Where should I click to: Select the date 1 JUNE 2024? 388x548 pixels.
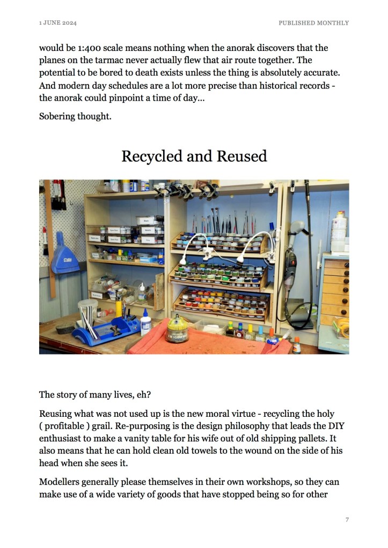(57, 23)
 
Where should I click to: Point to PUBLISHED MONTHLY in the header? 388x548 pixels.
(313, 23)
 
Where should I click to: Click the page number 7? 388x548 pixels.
(347, 520)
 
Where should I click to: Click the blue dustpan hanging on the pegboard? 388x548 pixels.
(65, 256)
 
